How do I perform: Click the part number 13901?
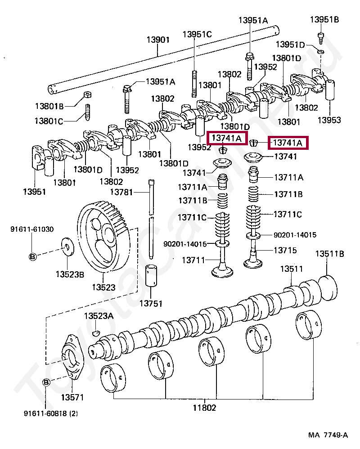pyautogui.click(x=158, y=40)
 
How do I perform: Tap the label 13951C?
pyautogui.click(x=197, y=34)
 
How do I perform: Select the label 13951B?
pyautogui.click(x=324, y=19)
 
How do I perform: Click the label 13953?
pyautogui.click(x=329, y=120)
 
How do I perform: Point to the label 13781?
pyautogui.click(x=121, y=192)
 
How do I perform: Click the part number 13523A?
pyautogui.click(x=99, y=316)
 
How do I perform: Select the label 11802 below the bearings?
pyautogui.click(x=204, y=408)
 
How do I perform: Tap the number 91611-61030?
pyautogui.click(x=32, y=229)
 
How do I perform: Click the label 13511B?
pyautogui.click(x=330, y=254)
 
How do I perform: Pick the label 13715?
pyautogui.click(x=285, y=250)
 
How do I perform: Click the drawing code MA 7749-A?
pyautogui.click(x=328, y=435)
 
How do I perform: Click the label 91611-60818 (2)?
pyautogui.click(x=51, y=413)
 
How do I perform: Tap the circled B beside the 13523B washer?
pyautogui.click(x=33, y=256)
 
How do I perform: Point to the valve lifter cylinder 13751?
pyautogui.click(x=151, y=275)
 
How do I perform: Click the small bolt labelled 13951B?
pyautogui.click(x=321, y=38)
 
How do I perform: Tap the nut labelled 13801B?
pyautogui.click(x=87, y=95)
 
